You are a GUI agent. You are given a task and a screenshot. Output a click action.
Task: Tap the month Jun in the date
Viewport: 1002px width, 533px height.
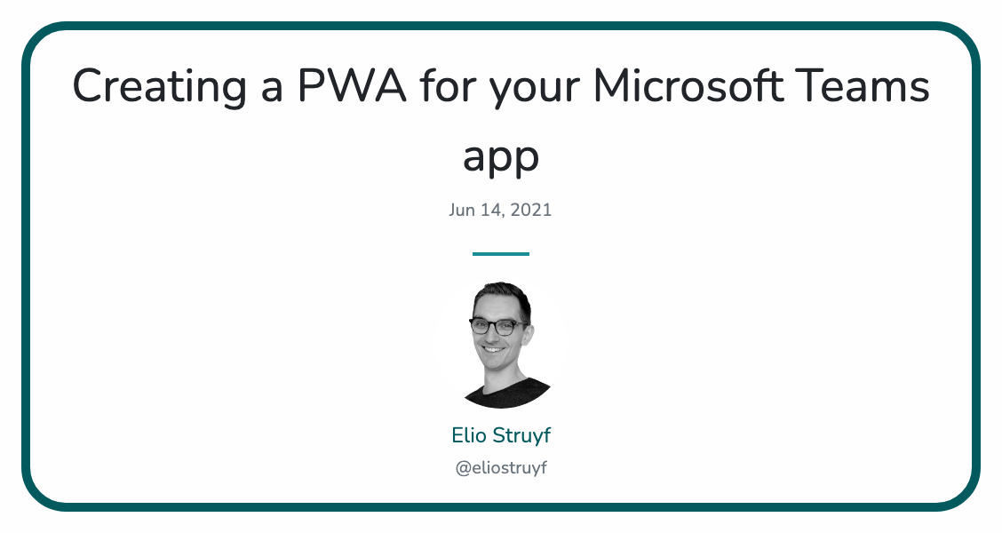[463, 211]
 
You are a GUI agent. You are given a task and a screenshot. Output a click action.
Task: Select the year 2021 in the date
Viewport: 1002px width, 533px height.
[531, 211]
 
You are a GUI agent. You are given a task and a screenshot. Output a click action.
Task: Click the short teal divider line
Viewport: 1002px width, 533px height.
[501, 254]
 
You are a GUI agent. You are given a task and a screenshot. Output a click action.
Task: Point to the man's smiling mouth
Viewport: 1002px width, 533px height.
[494, 349]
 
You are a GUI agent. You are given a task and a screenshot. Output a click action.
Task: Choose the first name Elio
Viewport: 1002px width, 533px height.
[468, 435]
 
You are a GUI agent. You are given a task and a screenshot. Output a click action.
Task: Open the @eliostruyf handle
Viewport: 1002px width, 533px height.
[501, 468]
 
